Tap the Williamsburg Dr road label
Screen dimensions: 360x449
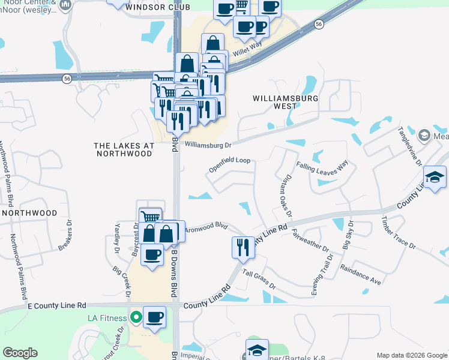click(x=208, y=145)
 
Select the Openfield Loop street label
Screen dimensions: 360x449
click(x=229, y=165)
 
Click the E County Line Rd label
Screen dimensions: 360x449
click(x=58, y=305)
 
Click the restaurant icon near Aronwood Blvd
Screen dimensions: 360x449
click(x=243, y=246)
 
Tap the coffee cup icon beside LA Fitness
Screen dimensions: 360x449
click(x=154, y=316)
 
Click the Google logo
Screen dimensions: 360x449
click(x=20, y=353)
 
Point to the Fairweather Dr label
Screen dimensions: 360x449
click(x=310, y=239)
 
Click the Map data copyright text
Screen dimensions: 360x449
click(x=412, y=355)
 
